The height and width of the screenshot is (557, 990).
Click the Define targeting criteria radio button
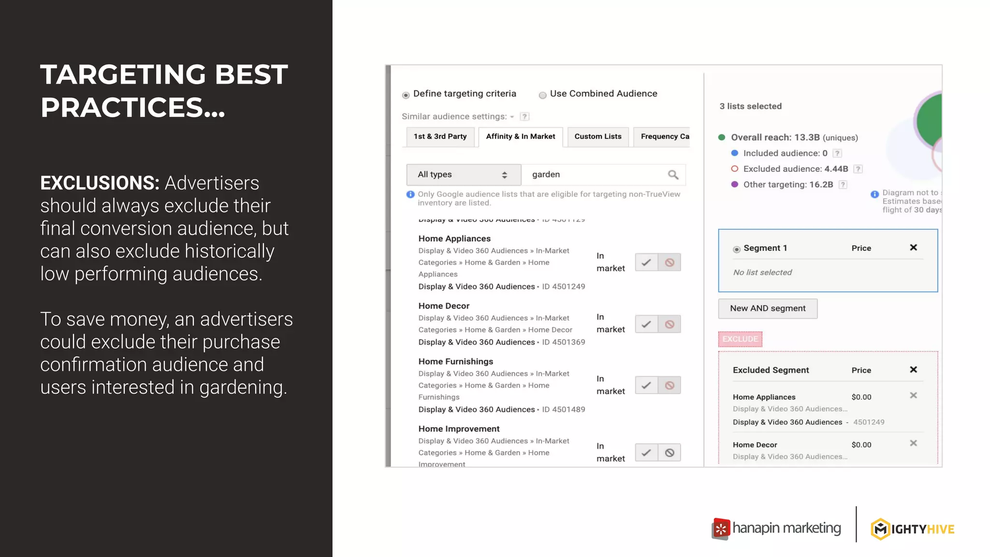pyautogui.click(x=406, y=95)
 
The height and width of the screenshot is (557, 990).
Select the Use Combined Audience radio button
pyautogui.click(x=543, y=95)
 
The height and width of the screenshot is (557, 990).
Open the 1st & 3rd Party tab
pyautogui.click(x=440, y=137)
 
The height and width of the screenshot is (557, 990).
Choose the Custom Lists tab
pyautogui.click(x=598, y=137)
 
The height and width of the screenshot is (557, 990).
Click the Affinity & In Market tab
pyautogui.click(x=521, y=137)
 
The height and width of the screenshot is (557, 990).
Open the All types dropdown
pyautogui.click(x=463, y=175)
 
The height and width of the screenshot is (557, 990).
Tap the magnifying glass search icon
pyautogui.click(x=673, y=175)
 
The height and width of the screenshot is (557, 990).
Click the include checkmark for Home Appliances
pyautogui.click(x=646, y=263)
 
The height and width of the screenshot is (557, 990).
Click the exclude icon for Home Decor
pyautogui.click(x=670, y=324)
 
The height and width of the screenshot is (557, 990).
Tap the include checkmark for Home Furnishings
pyautogui.click(x=646, y=385)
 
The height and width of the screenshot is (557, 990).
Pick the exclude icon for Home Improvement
pyautogui.click(x=670, y=453)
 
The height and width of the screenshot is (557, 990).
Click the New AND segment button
pyautogui.click(x=768, y=308)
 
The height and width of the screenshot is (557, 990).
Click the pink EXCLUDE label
pyautogui.click(x=740, y=339)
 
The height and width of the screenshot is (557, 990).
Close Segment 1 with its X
pyautogui.click(x=913, y=248)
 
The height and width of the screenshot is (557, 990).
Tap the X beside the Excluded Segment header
pyautogui.click(x=913, y=370)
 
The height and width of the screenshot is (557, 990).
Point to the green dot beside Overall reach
pyautogui.click(x=722, y=137)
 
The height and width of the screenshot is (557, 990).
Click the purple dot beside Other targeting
pyautogui.click(x=735, y=184)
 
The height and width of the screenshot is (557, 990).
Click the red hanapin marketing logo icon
pyautogui.click(x=721, y=529)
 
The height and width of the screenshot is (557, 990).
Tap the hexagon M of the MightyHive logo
pyautogui.click(x=880, y=529)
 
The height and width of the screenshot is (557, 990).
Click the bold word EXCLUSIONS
pyautogui.click(x=100, y=183)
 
